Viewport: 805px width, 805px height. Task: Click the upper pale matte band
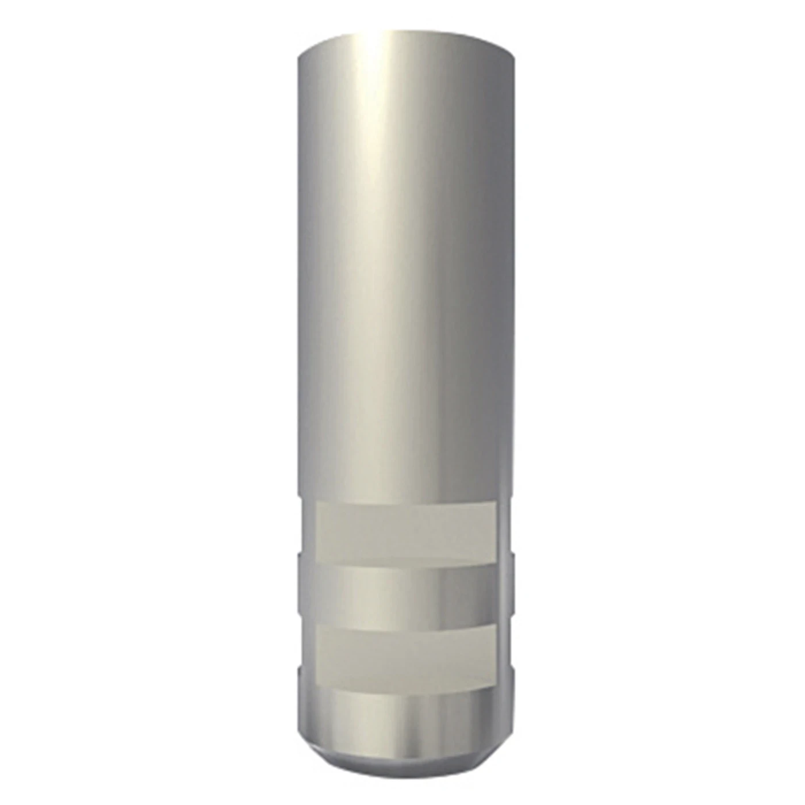click(406, 532)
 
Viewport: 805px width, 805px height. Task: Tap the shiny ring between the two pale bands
click(406, 595)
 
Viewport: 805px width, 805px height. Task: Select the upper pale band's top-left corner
click(317, 502)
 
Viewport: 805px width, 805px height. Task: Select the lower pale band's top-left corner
click(317, 627)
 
